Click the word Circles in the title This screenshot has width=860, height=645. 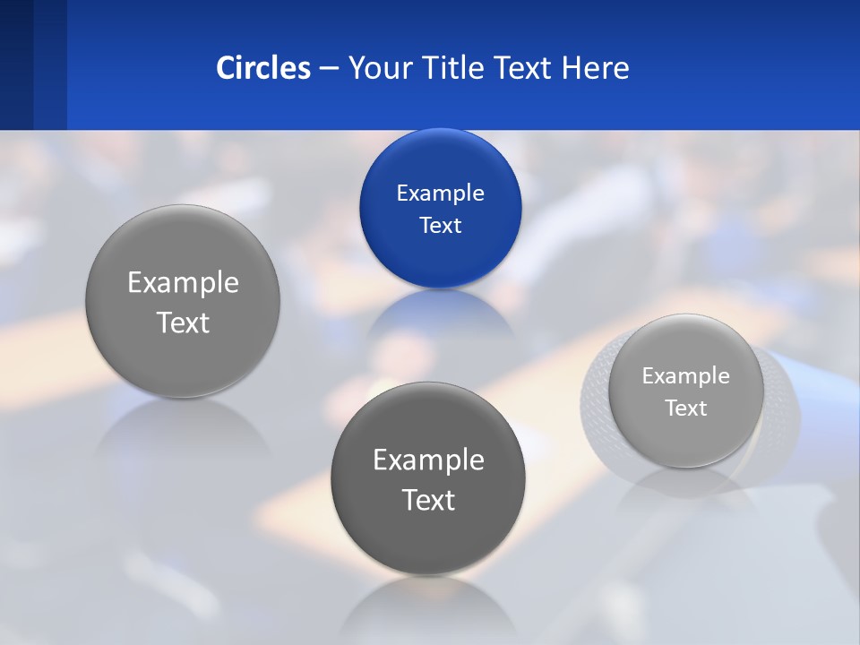point(263,68)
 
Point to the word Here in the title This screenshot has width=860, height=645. point(595,68)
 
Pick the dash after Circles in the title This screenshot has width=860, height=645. point(329,69)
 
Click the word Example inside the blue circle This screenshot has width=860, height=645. point(440,193)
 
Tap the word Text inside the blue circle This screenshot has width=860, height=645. point(440,225)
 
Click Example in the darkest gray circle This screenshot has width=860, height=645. point(428,460)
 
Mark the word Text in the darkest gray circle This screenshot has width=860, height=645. point(428,499)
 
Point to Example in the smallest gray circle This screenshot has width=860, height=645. point(686,375)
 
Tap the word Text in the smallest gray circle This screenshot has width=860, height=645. point(686,408)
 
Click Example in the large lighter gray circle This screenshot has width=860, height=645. point(183,282)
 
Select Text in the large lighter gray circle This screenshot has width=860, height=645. point(183,322)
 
